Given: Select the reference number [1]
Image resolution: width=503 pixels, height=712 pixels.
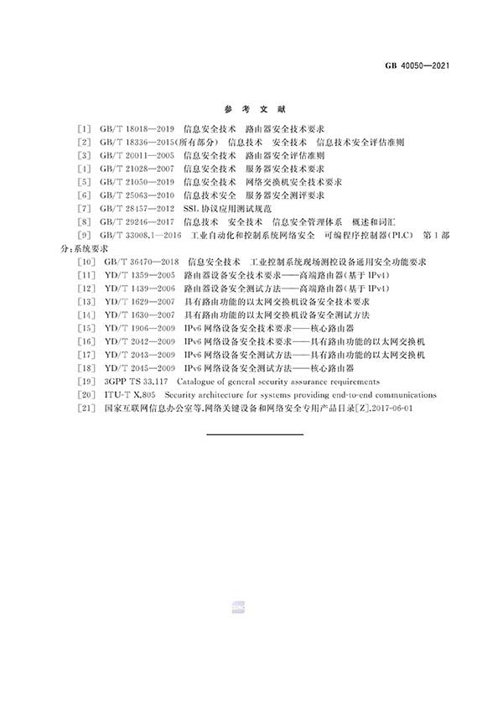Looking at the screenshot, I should tap(82, 130).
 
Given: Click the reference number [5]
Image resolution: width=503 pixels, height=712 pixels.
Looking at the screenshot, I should tap(82, 181).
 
